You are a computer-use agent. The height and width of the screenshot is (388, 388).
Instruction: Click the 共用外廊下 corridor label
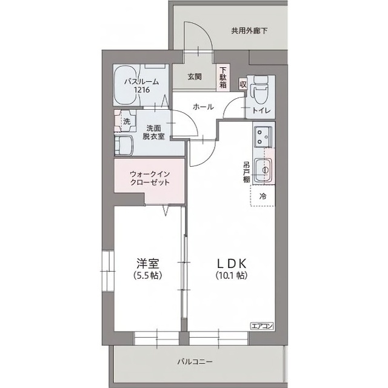(x=249, y=31)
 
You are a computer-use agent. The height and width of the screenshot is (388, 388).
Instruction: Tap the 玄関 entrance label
(x=195, y=77)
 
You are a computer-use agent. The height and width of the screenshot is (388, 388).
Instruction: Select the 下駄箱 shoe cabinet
(x=223, y=78)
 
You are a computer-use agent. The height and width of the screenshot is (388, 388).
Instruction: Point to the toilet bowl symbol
(x=258, y=90)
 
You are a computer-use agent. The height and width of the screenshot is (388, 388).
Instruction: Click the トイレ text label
(x=261, y=110)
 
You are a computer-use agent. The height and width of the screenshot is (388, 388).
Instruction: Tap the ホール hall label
(x=203, y=107)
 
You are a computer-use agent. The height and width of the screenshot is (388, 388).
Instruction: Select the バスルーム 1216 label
(x=141, y=85)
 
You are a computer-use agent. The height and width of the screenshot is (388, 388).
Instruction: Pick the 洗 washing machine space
(x=126, y=121)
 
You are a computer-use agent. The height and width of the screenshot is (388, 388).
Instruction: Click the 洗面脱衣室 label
(x=153, y=132)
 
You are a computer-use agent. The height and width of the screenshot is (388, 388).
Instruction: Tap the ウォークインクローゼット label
(x=150, y=178)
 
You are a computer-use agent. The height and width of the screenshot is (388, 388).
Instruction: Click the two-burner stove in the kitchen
(x=264, y=135)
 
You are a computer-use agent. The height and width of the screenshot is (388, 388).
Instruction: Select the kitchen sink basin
(x=264, y=170)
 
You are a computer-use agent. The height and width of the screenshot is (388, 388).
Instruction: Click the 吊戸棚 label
(x=247, y=172)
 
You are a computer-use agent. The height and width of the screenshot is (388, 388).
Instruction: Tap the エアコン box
(x=262, y=326)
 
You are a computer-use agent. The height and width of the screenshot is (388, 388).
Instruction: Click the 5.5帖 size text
(x=148, y=275)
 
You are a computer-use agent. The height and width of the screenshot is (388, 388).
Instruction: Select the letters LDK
(x=232, y=264)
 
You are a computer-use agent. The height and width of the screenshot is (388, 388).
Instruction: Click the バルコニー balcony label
(x=195, y=362)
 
